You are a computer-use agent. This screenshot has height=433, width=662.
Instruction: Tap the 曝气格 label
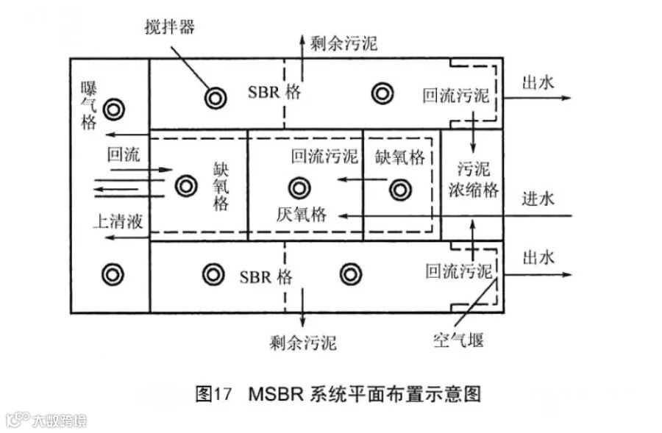point(89,105)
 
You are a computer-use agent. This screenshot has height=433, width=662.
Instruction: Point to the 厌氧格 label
point(301,214)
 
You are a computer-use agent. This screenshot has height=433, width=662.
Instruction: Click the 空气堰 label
point(458,340)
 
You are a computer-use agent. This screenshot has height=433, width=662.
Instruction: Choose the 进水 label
point(538,198)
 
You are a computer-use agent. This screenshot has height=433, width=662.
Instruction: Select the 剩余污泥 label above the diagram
point(344,43)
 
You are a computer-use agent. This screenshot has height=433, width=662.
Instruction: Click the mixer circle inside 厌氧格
point(299,188)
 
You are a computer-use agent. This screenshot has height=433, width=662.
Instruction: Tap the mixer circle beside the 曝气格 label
point(113,110)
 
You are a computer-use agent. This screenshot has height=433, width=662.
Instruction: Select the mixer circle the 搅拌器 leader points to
point(216,96)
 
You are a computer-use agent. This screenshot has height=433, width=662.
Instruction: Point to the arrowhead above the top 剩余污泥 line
point(301,36)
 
